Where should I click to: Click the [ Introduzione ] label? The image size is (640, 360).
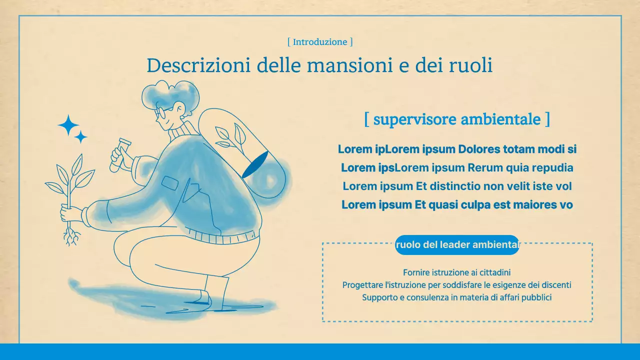coord(320,42)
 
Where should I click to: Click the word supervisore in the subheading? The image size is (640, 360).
coord(414,119)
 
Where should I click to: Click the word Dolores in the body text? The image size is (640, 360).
coord(478,149)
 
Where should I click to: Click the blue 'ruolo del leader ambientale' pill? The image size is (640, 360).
coord(457,245)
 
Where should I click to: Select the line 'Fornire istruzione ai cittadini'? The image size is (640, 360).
coord(456,272)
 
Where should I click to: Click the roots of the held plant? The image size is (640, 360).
coord(71,235)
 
